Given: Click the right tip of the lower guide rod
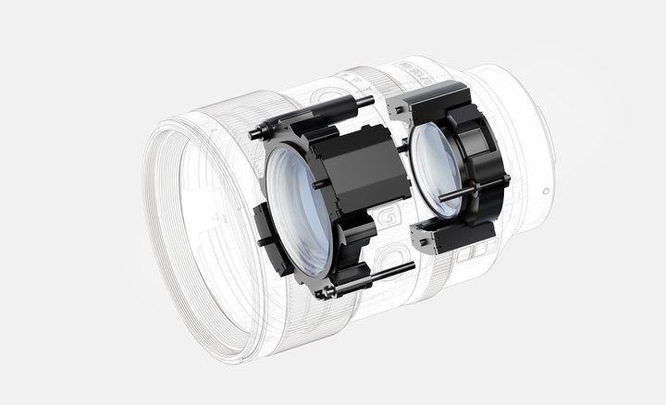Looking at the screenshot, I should [x=412, y=267].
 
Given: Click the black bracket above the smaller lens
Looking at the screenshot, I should [x=430, y=98].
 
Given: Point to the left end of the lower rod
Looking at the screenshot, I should [x=322, y=293].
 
